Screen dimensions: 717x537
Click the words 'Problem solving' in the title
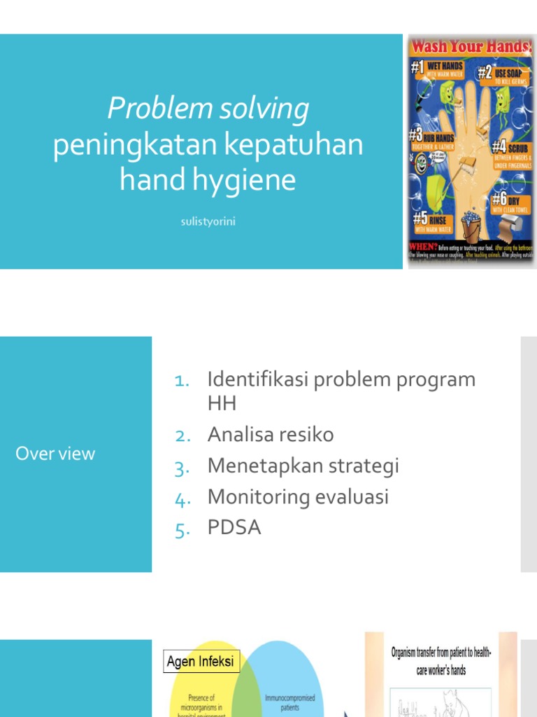[x=208, y=109]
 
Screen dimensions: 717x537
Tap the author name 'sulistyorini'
[x=208, y=222]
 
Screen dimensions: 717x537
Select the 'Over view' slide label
[x=55, y=454]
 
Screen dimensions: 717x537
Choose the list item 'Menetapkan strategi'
[x=303, y=466]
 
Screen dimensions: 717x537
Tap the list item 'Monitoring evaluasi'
[x=298, y=497]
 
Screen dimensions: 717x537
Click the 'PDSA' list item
[x=234, y=528]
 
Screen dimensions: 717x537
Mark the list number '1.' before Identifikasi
[x=182, y=380]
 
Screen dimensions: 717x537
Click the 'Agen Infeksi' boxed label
[x=201, y=661]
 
